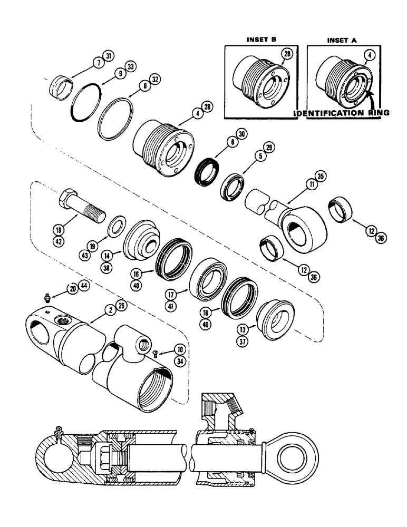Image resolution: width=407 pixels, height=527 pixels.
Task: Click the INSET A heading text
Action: tap(341, 39)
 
